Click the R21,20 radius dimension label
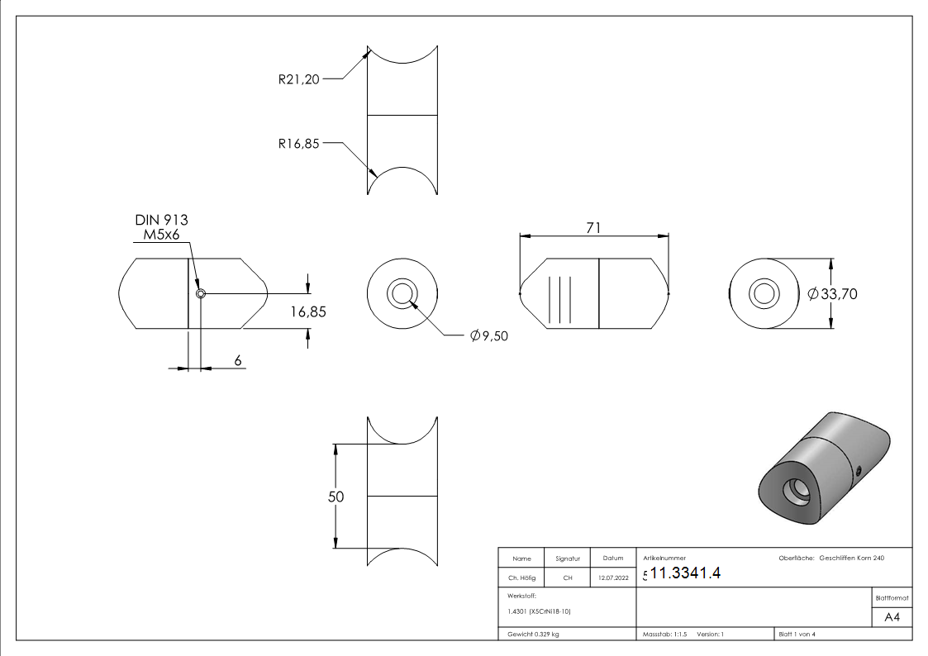click(x=298, y=80)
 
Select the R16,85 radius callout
click(x=298, y=143)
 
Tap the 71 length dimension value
click(x=593, y=228)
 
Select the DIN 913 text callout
click(x=161, y=220)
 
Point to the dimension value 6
click(x=238, y=360)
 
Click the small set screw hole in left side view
click(x=200, y=293)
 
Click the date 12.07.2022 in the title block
click(x=612, y=578)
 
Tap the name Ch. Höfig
click(x=521, y=578)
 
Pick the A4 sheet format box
click(x=892, y=617)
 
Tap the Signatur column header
click(x=568, y=559)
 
